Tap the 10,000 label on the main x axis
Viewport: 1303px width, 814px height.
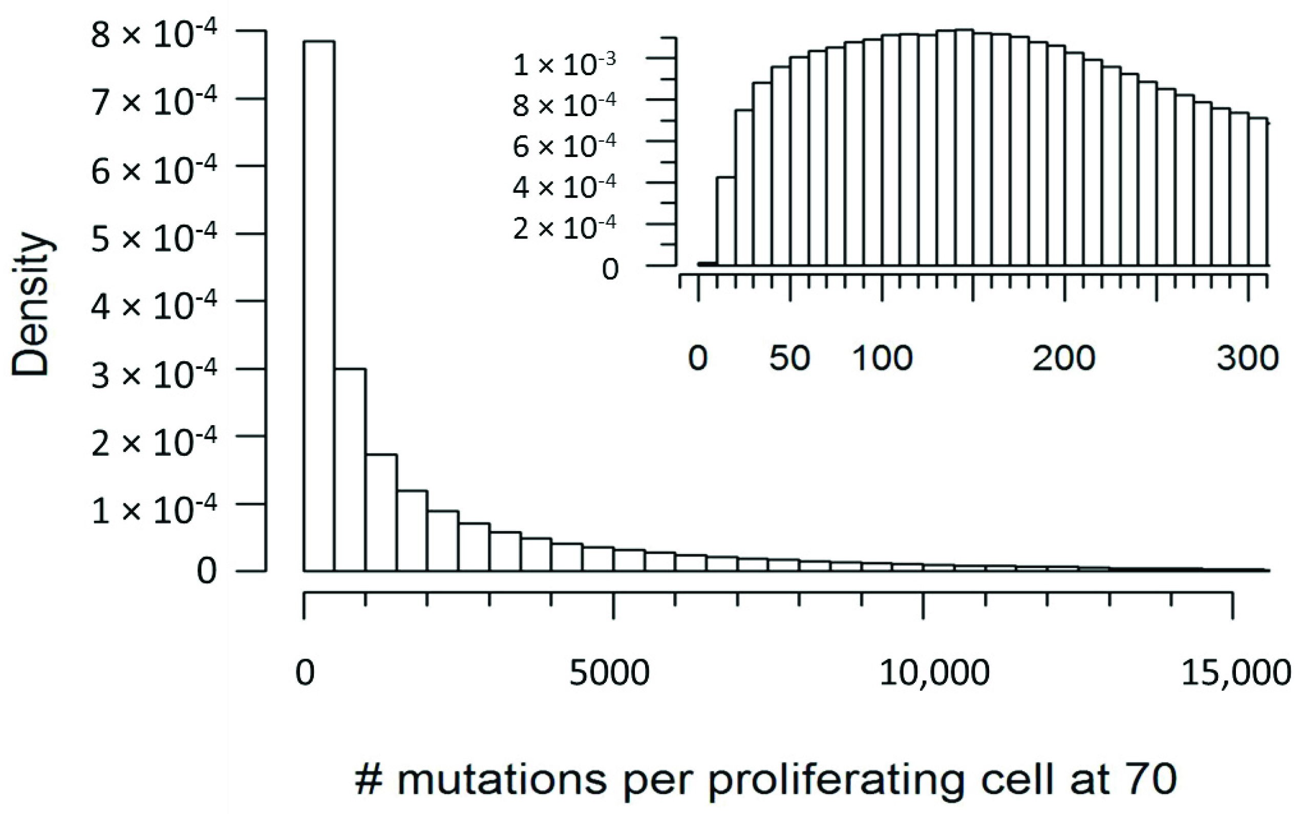934,673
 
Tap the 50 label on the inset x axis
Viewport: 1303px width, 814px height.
789,358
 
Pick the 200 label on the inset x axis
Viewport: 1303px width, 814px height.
1064,358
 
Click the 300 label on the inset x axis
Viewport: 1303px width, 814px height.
1248,358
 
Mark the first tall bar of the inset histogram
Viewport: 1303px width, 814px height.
725,221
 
